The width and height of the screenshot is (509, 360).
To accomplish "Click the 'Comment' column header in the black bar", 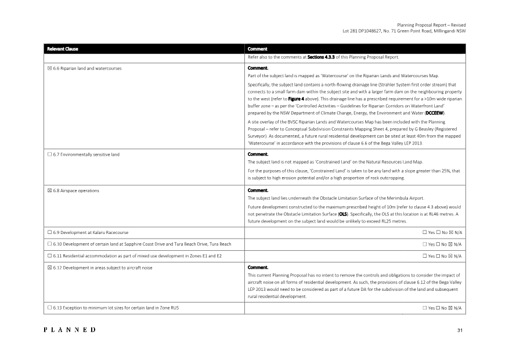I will (x=258, y=49).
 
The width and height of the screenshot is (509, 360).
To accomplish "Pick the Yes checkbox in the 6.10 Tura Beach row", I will (x=425, y=244).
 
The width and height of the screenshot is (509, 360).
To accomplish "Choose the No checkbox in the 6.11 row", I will (x=438, y=255).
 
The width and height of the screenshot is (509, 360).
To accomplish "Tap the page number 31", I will (x=459, y=330).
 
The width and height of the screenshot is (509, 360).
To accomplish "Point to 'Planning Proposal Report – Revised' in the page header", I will (x=431, y=25).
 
